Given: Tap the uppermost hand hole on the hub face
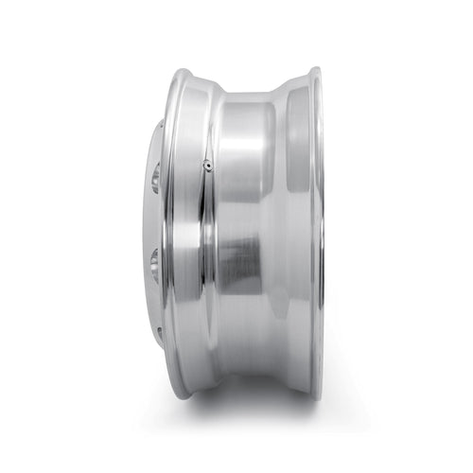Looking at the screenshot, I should click(155, 177).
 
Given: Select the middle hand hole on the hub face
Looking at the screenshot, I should click(155, 255).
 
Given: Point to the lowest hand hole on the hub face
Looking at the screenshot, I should click(159, 332).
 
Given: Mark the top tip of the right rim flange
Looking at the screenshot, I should click(312, 68).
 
